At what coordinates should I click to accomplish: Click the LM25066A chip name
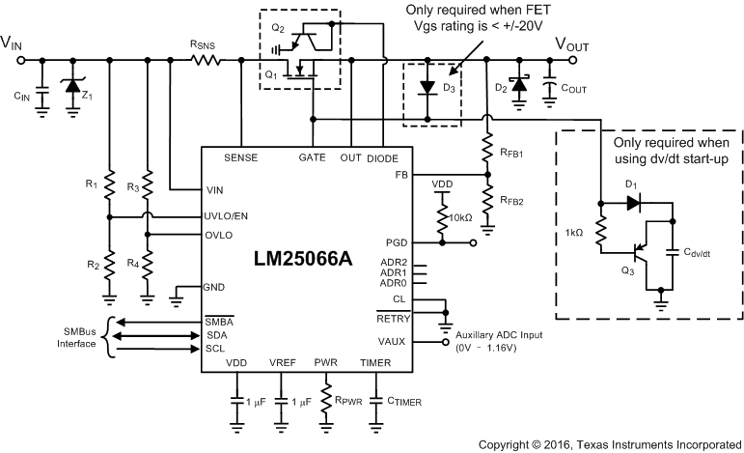click(x=301, y=260)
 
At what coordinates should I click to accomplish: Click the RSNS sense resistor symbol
click(x=206, y=60)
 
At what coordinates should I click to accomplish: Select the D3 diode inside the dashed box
click(x=425, y=87)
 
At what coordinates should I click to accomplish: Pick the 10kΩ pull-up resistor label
click(x=460, y=216)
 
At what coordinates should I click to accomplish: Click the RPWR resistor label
click(x=350, y=399)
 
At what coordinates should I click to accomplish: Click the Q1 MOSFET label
click(x=272, y=72)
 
